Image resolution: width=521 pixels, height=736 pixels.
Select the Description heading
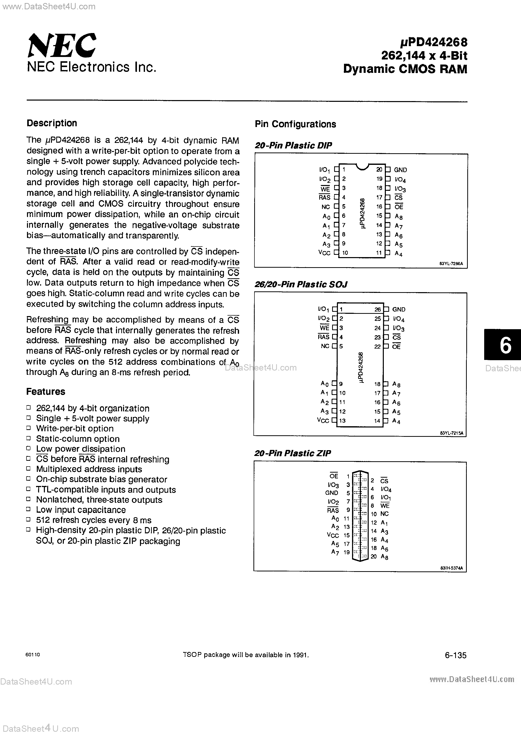tap(52, 123)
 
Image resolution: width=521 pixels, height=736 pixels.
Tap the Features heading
tap(46, 391)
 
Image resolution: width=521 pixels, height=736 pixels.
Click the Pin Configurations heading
tap(295, 124)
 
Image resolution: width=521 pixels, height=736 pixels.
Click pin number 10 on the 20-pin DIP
tap(345, 253)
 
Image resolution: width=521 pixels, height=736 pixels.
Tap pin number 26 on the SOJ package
tap(377, 309)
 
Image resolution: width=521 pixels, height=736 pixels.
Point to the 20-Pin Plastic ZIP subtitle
tap(292, 453)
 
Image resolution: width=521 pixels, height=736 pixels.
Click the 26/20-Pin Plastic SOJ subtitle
tap(301, 284)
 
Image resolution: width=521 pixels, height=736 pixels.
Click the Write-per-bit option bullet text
tap(75, 428)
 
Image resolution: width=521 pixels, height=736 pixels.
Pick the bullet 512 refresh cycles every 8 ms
tap(94, 520)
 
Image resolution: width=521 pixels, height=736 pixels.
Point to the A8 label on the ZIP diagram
tap(384, 557)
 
